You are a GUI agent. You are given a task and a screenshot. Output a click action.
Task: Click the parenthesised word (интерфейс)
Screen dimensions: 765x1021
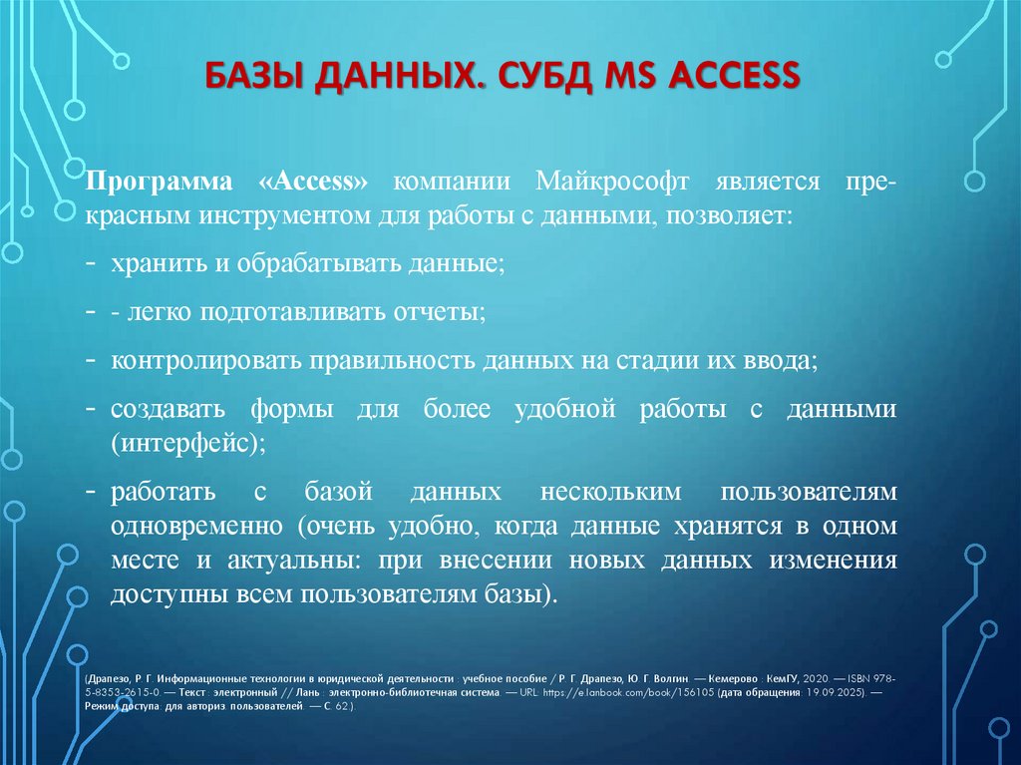click(x=188, y=442)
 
